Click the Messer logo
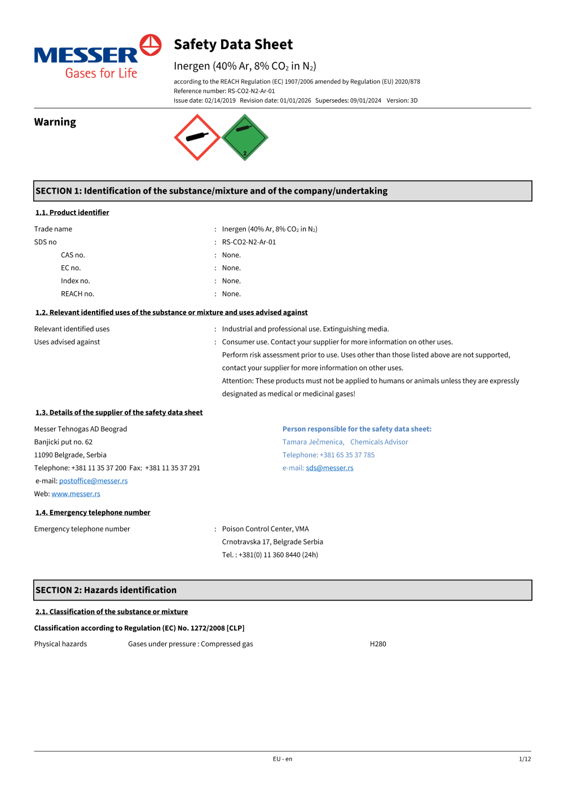click(98, 57)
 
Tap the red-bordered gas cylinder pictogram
click(197, 137)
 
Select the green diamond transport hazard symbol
click(245, 137)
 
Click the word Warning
click(55, 122)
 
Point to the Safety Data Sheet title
click(233, 45)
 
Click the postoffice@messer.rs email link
click(94, 481)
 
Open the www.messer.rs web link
click(76, 494)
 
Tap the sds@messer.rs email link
click(329, 468)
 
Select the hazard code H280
click(378, 644)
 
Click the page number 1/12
click(525, 759)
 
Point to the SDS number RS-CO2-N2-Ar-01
click(249, 242)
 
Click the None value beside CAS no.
click(231, 255)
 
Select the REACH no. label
click(78, 294)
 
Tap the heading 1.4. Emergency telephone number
click(93, 512)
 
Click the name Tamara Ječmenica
click(313, 442)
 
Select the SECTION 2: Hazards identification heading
click(106, 590)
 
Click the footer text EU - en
click(283, 759)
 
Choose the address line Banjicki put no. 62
click(64, 442)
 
